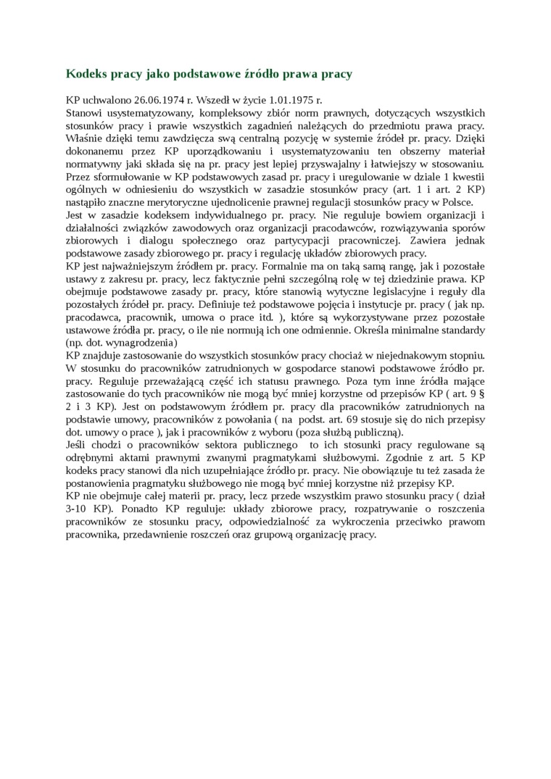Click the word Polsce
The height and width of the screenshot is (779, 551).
455,202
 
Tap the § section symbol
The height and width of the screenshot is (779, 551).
483,393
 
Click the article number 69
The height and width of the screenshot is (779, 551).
374,420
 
